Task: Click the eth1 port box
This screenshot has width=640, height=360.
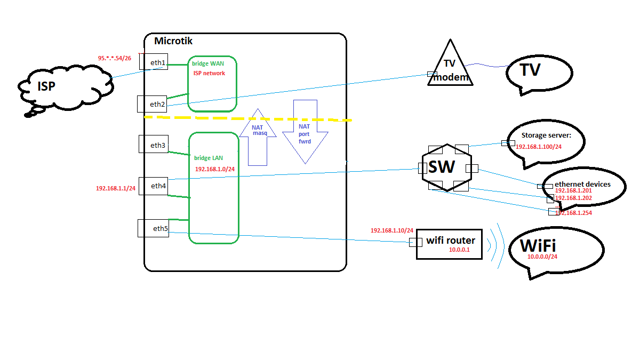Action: [x=154, y=61]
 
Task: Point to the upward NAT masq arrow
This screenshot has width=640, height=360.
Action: [x=258, y=138]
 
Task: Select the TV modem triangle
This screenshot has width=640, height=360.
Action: [x=450, y=67]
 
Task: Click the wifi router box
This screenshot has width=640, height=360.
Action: [x=449, y=244]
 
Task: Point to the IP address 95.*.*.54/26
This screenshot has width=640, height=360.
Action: [x=114, y=58]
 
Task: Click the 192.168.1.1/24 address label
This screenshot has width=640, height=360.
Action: [x=115, y=188]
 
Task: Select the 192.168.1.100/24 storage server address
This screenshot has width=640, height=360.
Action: [x=539, y=146]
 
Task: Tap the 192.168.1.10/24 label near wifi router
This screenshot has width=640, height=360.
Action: [x=392, y=230]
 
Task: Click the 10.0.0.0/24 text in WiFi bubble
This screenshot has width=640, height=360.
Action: [x=542, y=257]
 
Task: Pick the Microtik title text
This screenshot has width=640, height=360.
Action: [x=173, y=41]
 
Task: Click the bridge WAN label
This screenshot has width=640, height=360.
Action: [x=208, y=63]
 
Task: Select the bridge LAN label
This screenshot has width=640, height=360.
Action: [x=208, y=158]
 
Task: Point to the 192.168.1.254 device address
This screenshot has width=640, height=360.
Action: [x=574, y=213]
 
